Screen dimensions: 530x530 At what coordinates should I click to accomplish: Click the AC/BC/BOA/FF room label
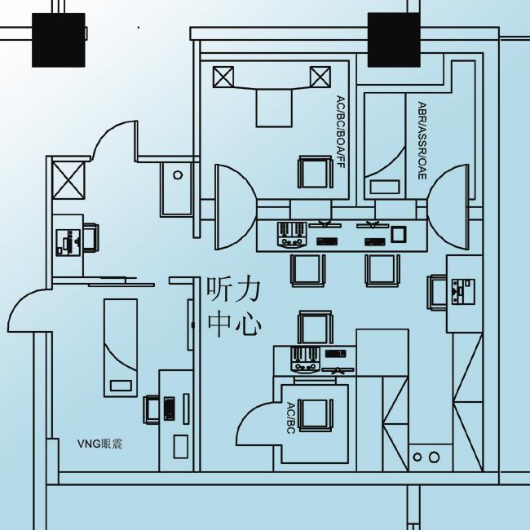tap(340, 132)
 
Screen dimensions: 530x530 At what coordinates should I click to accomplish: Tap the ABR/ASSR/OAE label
tap(422, 140)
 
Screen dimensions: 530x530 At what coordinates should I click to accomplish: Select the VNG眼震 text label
tap(99, 444)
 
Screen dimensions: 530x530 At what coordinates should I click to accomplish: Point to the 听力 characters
tap(233, 289)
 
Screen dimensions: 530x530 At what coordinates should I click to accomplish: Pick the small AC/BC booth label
tap(291, 417)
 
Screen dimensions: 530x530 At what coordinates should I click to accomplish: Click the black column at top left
tap(59, 40)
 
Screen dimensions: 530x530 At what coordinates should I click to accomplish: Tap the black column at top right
tap(394, 40)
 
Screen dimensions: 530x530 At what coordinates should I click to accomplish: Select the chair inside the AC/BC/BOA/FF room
tap(315, 172)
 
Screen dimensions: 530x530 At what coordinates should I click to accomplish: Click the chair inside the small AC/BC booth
tap(315, 414)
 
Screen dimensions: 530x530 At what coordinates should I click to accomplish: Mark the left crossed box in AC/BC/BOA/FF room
tap(223, 77)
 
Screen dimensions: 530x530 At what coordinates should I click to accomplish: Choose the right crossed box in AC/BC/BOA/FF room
tap(320, 77)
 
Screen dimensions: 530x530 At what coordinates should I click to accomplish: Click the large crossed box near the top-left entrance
tap(68, 180)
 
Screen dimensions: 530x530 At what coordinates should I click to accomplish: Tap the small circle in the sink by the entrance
tap(178, 174)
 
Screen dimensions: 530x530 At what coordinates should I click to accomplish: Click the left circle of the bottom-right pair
tap(417, 457)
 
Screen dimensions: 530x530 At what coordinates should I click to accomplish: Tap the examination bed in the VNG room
tap(121, 348)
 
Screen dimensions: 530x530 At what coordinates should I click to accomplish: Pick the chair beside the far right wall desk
tap(437, 293)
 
